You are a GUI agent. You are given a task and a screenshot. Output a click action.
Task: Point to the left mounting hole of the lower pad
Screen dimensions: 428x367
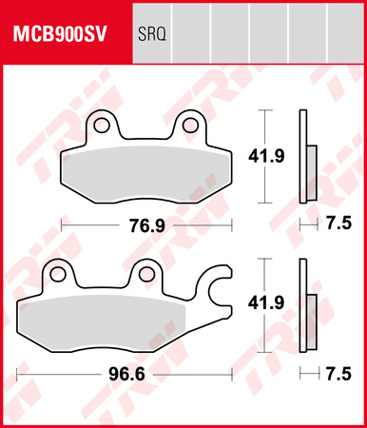(x=59, y=275)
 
